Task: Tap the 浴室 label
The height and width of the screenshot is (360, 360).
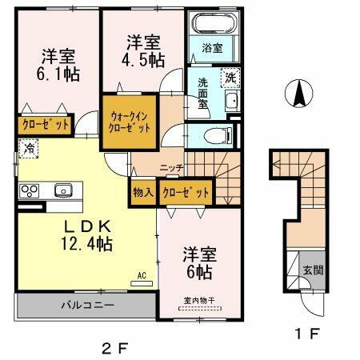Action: (212, 48)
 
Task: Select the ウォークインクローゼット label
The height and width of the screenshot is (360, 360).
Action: (129, 122)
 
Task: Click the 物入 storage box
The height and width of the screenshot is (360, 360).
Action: (143, 192)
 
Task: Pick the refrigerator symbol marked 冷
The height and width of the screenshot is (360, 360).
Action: (29, 148)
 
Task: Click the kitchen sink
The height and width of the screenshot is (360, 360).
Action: (63, 190)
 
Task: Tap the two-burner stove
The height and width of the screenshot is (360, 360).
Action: (30, 190)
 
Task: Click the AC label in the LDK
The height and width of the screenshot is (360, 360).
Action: (142, 276)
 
